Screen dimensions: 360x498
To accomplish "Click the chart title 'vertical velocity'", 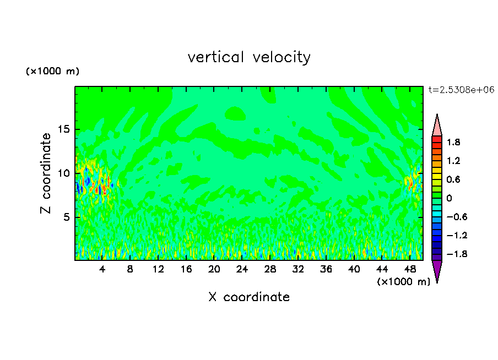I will [x=249, y=57].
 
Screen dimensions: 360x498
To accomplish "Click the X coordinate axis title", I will [x=249, y=297].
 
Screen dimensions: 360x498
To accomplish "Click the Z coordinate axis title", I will [x=46, y=173].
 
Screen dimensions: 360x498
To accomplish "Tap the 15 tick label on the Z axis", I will [x=63, y=130].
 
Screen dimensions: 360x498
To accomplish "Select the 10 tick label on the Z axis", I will [x=63, y=173].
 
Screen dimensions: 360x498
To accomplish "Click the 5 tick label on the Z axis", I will [x=66, y=217].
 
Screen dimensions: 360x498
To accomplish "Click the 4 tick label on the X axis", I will [x=102, y=269].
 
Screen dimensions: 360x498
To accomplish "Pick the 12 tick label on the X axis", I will [x=158, y=269].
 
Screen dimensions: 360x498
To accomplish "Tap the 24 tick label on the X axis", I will [x=242, y=269].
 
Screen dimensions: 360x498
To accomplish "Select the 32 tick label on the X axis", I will [x=298, y=269].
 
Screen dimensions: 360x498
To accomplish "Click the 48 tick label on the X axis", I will [x=410, y=269].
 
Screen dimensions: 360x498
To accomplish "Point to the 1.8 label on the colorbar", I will [x=453, y=142].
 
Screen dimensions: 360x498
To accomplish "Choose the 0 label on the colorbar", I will [x=449, y=198].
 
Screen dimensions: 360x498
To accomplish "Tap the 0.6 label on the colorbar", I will [x=453, y=179].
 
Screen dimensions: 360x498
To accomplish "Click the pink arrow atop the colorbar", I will [x=437, y=125].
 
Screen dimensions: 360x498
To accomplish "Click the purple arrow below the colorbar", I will [x=437, y=271].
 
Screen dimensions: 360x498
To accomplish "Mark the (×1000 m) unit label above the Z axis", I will [x=52, y=72].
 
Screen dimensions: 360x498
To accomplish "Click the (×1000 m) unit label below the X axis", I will [x=403, y=282].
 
